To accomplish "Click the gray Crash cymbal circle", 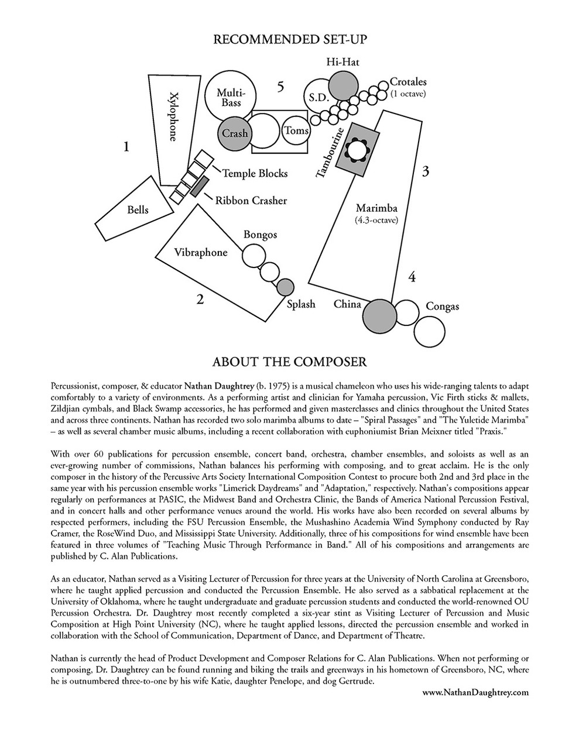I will [x=234, y=133].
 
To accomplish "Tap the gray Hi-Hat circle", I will [x=342, y=85].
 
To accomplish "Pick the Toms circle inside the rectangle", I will [x=296, y=130].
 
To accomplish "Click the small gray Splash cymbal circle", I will [x=285, y=287].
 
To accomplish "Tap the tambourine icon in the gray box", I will [x=357, y=150].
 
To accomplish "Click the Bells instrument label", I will [x=138, y=210].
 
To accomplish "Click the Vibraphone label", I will [x=200, y=253].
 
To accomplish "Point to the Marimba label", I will [x=376, y=208].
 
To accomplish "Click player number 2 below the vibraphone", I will [x=200, y=300].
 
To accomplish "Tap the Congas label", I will [x=442, y=306].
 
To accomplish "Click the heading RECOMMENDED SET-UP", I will [x=290, y=39].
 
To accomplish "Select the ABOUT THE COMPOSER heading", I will [x=290, y=362].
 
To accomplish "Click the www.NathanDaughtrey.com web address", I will [x=475, y=692].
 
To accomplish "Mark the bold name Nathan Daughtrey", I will [x=223, y=386].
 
